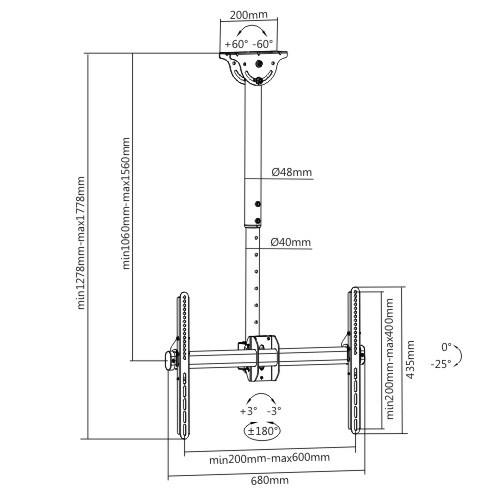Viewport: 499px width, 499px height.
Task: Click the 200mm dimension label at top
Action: [x=249, y=15]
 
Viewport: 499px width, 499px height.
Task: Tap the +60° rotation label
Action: [x=236, y=44]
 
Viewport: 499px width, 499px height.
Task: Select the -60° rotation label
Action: [x=263, y=44]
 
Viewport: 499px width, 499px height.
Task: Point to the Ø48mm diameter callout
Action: [x=292, y=172]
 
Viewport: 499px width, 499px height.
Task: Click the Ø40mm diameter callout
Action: [x=291, y=242]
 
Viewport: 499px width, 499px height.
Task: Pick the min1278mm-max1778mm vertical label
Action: [x=81, y=243]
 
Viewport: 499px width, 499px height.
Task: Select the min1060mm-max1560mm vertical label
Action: [x=126, y=203]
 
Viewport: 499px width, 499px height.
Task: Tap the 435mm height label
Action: [x=411, y=359]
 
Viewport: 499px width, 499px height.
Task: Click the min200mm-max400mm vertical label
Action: [x=389, y=359]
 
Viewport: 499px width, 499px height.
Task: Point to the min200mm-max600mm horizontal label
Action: [x=269, y=458]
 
